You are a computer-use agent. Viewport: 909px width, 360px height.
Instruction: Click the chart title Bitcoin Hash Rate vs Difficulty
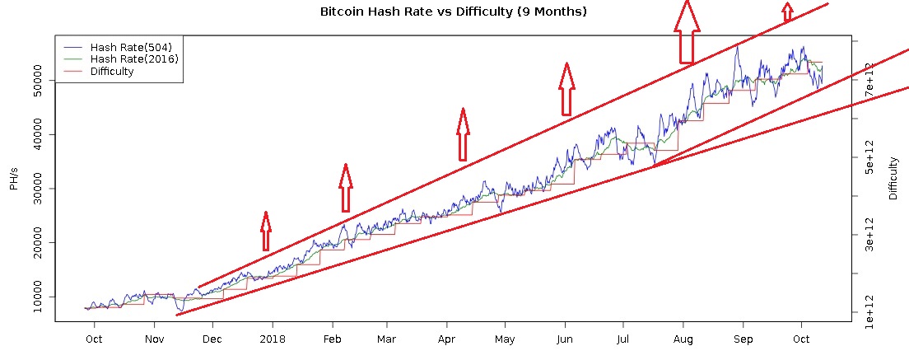click(x=453, y=12)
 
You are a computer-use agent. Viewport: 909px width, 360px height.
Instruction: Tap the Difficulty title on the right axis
click(x=893, y=180)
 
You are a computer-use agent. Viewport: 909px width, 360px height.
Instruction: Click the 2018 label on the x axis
click(x=273, y=339)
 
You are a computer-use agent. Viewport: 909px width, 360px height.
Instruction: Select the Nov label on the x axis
click(x=154, y=339)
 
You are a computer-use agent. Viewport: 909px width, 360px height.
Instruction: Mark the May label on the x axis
click(x=505, y=339)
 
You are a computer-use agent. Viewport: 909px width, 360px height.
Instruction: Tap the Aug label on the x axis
click(x=683, y=339)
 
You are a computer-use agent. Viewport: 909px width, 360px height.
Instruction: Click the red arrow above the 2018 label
click(x=265, y=231)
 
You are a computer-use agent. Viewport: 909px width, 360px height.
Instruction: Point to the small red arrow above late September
click(x=788, y=12)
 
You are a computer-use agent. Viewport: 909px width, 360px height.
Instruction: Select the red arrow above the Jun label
click(x=566, y=88)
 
